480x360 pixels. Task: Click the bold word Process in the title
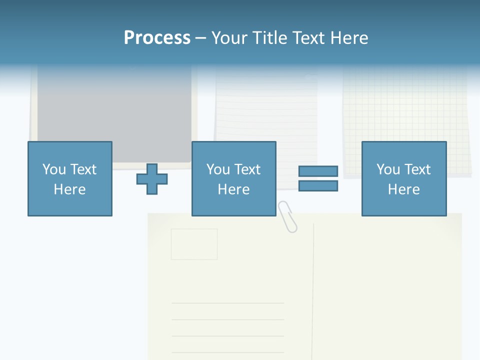[x=157, y=38]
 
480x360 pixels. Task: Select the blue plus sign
[x=152, y=179]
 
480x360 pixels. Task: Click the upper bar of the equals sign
[x=318, y=171]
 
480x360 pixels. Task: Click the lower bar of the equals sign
[x=318, y=186]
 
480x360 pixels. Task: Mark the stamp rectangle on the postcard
[x=194, y=244]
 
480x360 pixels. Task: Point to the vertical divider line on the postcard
[x=313, y=290]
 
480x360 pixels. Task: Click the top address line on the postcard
[x=227, y=303]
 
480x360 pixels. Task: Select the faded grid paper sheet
[x=405, y=115]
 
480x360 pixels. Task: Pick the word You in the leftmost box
[x=54, y=169]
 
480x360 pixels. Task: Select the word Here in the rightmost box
[x=404, y=189]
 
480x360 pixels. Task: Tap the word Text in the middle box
[x=247, y=169]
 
